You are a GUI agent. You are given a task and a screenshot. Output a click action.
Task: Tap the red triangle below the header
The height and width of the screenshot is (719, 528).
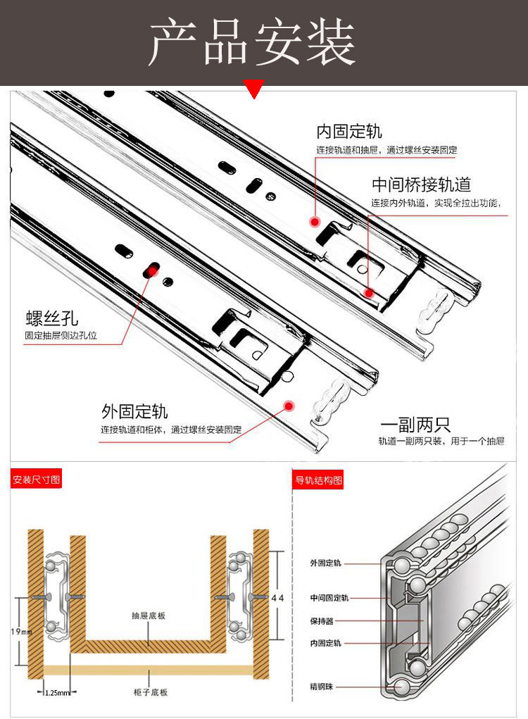pyautogui.click(x=253, y=89)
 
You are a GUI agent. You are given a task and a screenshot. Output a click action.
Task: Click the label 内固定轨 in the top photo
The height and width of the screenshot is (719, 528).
pyautogui.click(x=349, y=132)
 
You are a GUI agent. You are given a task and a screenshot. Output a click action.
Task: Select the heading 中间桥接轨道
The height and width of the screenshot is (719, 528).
pyautogui.click(x=421, y=185)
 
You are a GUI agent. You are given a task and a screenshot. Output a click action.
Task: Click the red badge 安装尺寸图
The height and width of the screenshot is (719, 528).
pyautogui.click(x=37, y=481)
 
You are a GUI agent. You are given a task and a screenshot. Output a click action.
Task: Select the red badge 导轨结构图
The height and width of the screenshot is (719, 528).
pyautogui.click(x=318, y=481)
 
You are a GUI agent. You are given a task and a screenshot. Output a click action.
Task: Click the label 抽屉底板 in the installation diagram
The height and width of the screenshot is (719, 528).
pyautogui.click(x=148, y=615)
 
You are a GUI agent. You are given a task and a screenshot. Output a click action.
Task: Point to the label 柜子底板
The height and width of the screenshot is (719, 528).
pyautogui.click(x=149, y=692)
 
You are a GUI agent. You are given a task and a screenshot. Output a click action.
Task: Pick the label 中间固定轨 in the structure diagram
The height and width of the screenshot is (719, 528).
pyautogui.click(x=329, y=598)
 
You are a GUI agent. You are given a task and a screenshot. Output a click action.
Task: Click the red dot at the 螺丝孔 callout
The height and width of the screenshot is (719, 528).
pyautogui.click(x=150, y=271)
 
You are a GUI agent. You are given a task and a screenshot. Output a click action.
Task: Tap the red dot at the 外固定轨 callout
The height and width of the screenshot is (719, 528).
pyautogui.click(x=288, y=404)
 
